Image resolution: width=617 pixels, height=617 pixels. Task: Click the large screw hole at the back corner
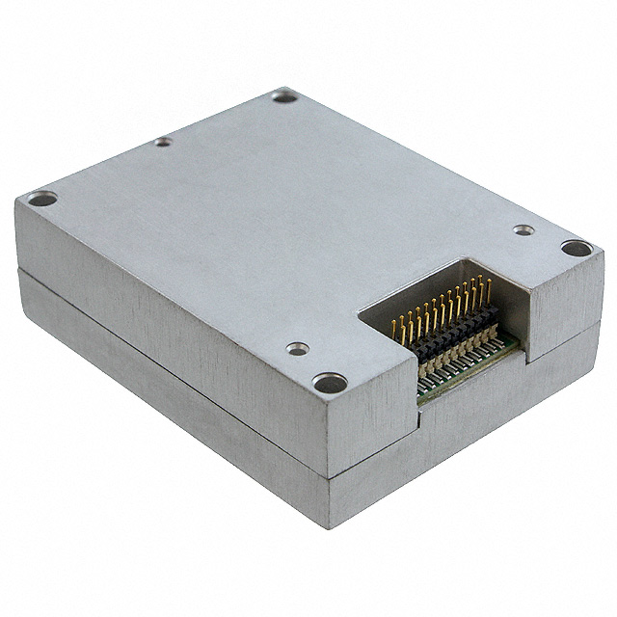pos(284,95)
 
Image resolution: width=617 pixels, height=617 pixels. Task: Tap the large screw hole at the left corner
pos(41,200)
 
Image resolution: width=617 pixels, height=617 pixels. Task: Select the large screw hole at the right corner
pos(577,249)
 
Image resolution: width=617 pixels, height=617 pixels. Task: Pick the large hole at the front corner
pos(330,383)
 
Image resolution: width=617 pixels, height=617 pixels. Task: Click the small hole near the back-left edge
pos(164,142)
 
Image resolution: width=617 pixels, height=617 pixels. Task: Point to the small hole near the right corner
pos(523,230)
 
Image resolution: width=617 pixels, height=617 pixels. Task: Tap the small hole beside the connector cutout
pos(298,348)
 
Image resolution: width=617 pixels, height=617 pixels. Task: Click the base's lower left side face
pos(164,405)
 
